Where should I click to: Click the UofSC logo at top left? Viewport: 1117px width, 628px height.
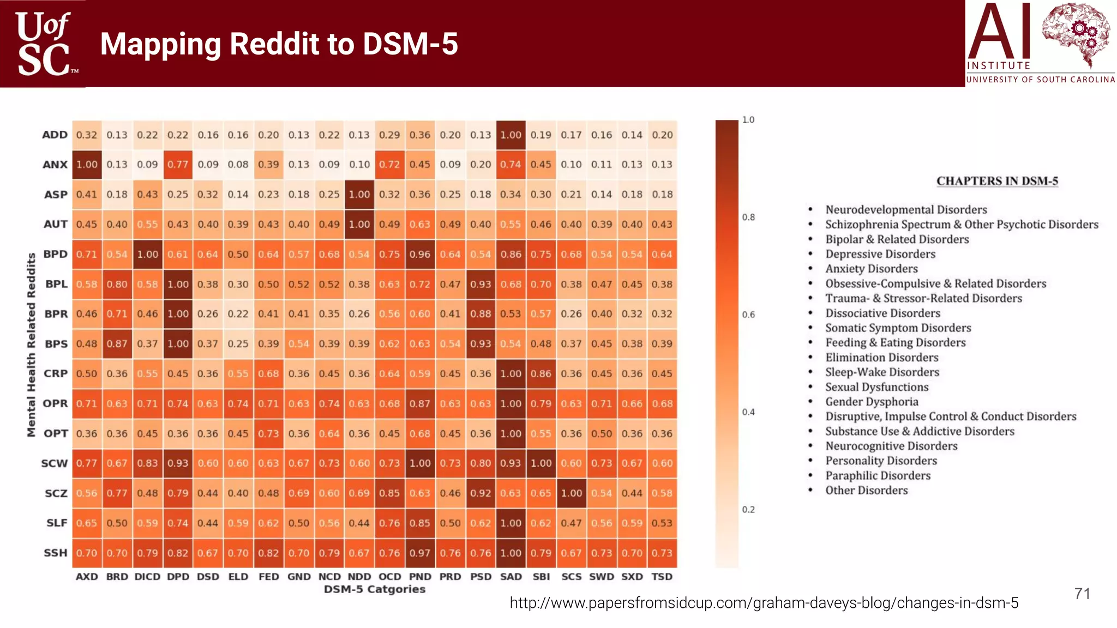pyautogui.click(x=43, y=44)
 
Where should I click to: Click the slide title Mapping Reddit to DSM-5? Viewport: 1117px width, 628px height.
pyautogui.click(x=279, y=44)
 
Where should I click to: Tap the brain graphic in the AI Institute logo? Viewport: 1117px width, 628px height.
pyautogui.click(x=1075, y=33)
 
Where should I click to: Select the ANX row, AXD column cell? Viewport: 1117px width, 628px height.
pyautogui.click(x=87, y=165)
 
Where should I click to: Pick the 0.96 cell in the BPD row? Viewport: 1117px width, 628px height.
pyautogui.click(x=420, y=254)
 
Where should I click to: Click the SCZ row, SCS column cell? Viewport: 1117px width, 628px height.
pyautogui.click(x=571, y=493)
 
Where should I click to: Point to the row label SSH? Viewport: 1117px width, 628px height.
pyautogui.click(x=56, y=553)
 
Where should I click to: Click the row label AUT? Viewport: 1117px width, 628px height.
pyautogui.click(x=56, y=224)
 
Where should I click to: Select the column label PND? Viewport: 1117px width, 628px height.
pyautogui.click(x=420, y=577)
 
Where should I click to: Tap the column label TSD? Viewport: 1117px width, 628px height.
pyautogui.click(x=662, y=577)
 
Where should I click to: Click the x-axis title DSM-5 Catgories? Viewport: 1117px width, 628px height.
pyautogui.click(x=374, y=589)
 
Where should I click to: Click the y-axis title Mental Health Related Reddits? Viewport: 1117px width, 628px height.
pyautogui.click(x=32, y=345)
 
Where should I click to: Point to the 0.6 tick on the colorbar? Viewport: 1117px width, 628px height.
pyautogui.click(x=748, y=315)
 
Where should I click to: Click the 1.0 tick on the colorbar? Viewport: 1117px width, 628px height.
pyautogui.click(x=748, y=120)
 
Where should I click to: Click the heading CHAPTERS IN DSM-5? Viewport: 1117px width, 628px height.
pyautogui.click(x=997, y=181)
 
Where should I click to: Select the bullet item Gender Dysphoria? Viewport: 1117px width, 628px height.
pyautogui.click(x=871, y=402)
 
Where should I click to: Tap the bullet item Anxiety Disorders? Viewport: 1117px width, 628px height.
pyautogui.click(x=871, y=269)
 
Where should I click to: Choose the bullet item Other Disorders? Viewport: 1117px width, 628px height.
pyautogui.click(x=866, y=490)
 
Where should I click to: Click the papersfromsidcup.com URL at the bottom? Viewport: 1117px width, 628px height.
pyautogui.click(x=764, y=603)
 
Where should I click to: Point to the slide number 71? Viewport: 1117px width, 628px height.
pyautogui.click(x=1082, y=594)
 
